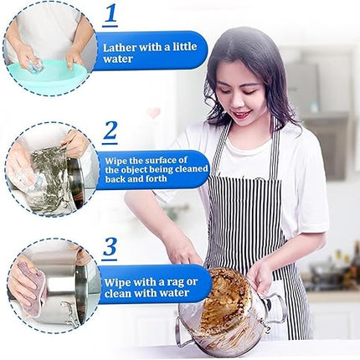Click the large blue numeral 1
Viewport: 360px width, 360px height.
111,13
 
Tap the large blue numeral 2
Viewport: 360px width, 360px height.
110,131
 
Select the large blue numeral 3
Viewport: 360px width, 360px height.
110,247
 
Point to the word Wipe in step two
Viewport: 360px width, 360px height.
116,161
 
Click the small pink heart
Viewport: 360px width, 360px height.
154,112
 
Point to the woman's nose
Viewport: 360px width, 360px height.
237,102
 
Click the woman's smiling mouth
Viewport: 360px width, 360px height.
241,115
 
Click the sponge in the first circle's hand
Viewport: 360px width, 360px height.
36,67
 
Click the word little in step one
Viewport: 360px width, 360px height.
184,47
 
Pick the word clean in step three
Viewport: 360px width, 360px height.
119,294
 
